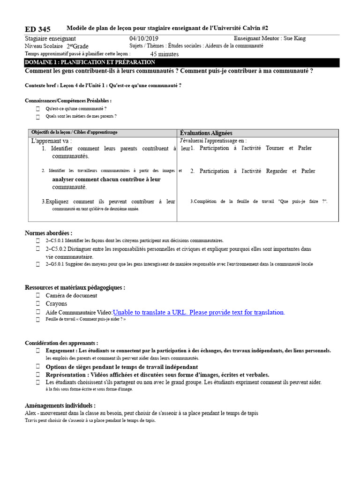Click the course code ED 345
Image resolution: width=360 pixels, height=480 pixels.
click(x=37, y=30)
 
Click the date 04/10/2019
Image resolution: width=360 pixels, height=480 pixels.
click(x=144, y=39)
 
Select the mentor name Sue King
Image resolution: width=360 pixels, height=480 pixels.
click(x=294, y=39)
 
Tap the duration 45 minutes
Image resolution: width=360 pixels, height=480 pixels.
click(x=164, y=54)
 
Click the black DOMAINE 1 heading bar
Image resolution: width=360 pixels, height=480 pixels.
click(x=182, y=62)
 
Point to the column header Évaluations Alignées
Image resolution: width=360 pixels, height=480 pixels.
click(x=206, y=133)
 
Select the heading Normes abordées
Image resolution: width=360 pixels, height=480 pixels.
click(x=48, y=233)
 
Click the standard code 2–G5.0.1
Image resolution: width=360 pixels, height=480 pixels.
click(x=55, y=264)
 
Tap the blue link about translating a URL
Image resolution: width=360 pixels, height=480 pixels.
click(x=199, y=312)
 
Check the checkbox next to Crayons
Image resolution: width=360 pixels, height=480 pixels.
click(x=38, y=304)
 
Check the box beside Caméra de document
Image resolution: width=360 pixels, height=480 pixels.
click(x=38, y=296)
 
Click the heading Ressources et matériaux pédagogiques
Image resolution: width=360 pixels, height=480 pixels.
click(x=75, y=287)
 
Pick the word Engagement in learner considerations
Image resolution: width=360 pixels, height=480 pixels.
click(x=60, y=351)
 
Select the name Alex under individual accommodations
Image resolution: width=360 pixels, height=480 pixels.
click(x=31, y=413)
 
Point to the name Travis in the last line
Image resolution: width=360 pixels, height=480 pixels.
click(x=30, y=420)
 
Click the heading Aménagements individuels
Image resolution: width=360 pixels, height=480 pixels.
click(x=60, y=405)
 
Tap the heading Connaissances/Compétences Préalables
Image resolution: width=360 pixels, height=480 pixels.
click(x=68, y=100)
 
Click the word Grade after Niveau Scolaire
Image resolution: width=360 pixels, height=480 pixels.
click(x=80, y=46)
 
